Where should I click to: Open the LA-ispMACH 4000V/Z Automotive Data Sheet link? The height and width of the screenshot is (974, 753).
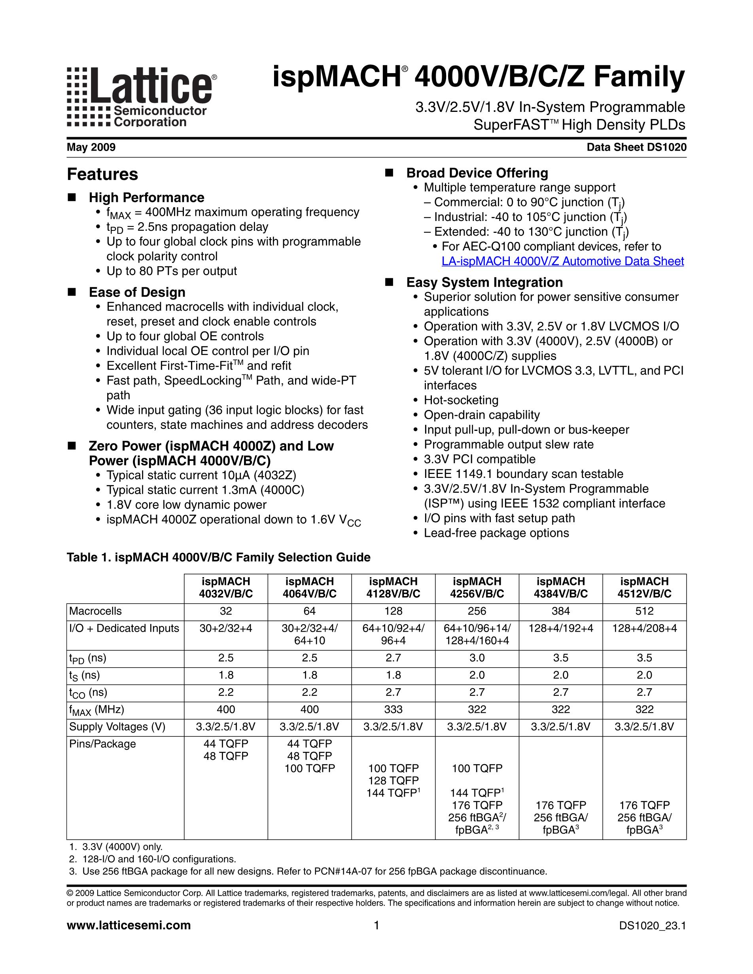(562, 261)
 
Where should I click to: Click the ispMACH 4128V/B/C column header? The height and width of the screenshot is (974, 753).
(393, 587)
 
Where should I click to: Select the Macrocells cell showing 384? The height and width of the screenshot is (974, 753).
(560, 611)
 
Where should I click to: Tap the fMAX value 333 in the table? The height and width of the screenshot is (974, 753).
(393, 710)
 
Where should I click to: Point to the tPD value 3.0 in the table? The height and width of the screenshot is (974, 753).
(477, 658)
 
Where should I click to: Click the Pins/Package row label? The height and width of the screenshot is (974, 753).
(102, 744)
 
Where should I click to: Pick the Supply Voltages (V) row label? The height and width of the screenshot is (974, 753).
(117, 727)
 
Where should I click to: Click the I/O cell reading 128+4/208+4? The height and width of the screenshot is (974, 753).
(644, 629)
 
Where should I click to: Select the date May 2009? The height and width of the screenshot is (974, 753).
(91, 147)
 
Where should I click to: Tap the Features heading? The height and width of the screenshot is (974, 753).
(102, 174)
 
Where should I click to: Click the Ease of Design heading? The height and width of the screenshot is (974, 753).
(137, 292)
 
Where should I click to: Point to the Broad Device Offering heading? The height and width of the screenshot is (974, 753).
(477, 173)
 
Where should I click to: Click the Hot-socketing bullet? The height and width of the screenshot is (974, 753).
(461, 400)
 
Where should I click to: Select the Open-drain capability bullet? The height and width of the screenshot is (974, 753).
(481, 415)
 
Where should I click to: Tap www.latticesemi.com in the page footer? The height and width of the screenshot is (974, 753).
(129, 925)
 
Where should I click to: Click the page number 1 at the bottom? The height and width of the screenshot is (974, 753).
(376, 925)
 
